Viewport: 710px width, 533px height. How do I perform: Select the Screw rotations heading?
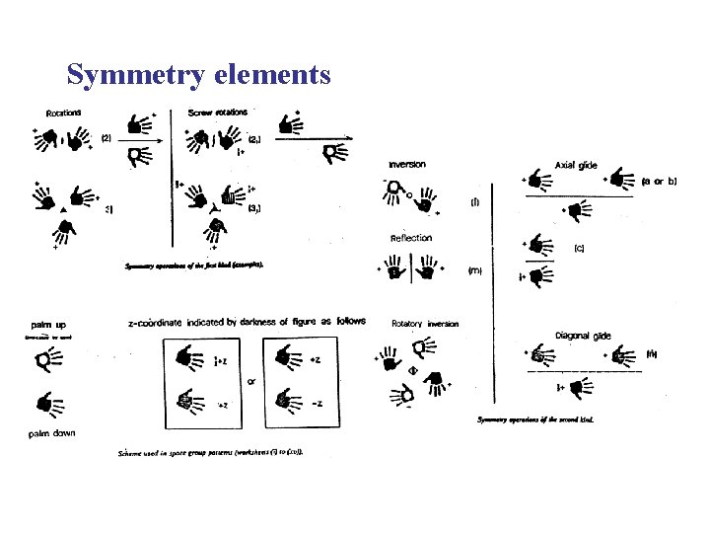click(220, 112)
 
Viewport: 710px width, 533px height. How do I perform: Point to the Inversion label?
click(407, 164)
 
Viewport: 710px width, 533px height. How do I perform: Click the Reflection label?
click(410, 238)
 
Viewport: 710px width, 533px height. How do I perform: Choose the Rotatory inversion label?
click(425, 324)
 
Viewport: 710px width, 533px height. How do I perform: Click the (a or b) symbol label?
click(659, 182)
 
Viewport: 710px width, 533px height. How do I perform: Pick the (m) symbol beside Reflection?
click(474, 269)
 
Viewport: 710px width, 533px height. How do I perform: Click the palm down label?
click(52, 433)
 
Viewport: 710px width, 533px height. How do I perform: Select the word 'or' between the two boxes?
click(250, 382)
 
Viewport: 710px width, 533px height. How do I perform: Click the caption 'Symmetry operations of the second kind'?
click(540, 419)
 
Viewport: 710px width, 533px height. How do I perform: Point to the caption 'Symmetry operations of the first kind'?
click(194, 266)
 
